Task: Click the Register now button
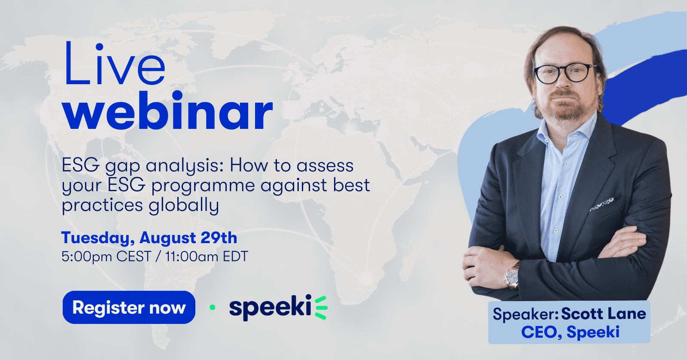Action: point(129,307)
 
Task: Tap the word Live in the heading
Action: point(114,64)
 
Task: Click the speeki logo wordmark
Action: point(270,308)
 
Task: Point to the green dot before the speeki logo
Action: point(212,307)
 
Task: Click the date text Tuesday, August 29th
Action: point(149,238)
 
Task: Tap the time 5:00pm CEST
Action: point(106,256)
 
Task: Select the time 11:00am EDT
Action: point(207,256)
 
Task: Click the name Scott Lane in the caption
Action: point(604,314)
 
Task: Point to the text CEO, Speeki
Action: point(571,332)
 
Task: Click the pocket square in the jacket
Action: point(602,204)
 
